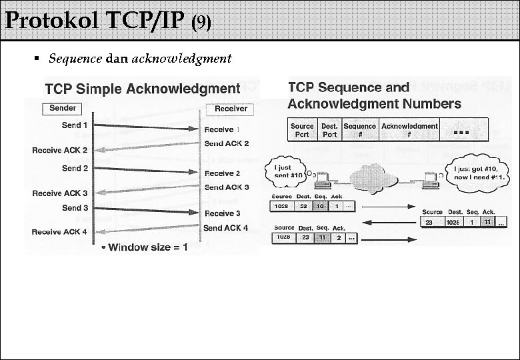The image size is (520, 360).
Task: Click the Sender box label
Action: [63, 108]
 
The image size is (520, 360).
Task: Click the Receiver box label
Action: [231, 109]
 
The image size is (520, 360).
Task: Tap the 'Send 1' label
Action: [75, 125]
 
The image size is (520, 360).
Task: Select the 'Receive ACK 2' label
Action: [59, 150]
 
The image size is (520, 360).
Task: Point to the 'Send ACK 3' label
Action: [227, 187]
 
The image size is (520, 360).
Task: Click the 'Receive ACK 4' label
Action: [59, 231]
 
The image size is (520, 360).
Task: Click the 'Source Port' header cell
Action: [302, 130]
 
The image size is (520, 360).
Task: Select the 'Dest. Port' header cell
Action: [329, 130]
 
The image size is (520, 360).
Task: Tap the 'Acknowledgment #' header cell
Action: [409, 130]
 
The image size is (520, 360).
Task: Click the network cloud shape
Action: [375, 176]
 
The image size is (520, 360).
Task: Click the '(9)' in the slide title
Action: [201, 23]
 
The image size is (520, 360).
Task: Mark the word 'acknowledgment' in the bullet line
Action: [181, 59]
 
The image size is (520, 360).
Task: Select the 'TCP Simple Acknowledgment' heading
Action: [142, 89]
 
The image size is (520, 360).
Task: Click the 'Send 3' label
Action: [75, 207]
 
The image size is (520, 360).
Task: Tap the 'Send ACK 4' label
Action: [226, 227]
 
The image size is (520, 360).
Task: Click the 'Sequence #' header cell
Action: [359, 130]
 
